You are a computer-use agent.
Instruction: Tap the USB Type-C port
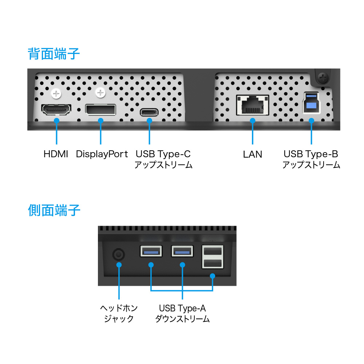click(149, 112)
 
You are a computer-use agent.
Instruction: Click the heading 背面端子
click(54, 54)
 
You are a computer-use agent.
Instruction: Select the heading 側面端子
click(54, 210)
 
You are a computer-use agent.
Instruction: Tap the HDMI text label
click(56, 154)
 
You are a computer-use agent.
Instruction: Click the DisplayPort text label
click(102, 154)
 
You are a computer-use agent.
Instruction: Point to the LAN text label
click(253, 154)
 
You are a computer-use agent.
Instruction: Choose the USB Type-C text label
click(163, 154)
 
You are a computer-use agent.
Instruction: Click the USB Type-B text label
click(311, 154)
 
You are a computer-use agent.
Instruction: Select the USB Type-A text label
click(182, 308)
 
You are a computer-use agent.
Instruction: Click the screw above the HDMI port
click(56, 94)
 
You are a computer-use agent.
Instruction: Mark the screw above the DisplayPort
click(100, 93)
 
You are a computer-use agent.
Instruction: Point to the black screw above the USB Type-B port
click(322, 77)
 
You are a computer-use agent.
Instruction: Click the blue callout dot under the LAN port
click(253, 120)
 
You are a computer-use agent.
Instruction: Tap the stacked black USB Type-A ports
click(212, 257)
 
